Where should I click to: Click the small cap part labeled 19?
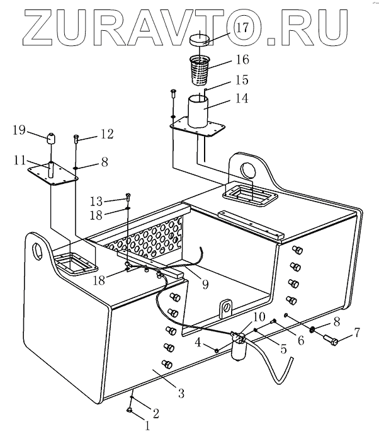click(x=51, y=137)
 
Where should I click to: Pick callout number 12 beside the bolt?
click(x=106, y=134)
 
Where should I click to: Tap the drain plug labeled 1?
click(x=128, y=411)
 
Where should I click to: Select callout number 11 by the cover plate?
click(x=20, y=161)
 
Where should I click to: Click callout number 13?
click(x=95, y=201)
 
